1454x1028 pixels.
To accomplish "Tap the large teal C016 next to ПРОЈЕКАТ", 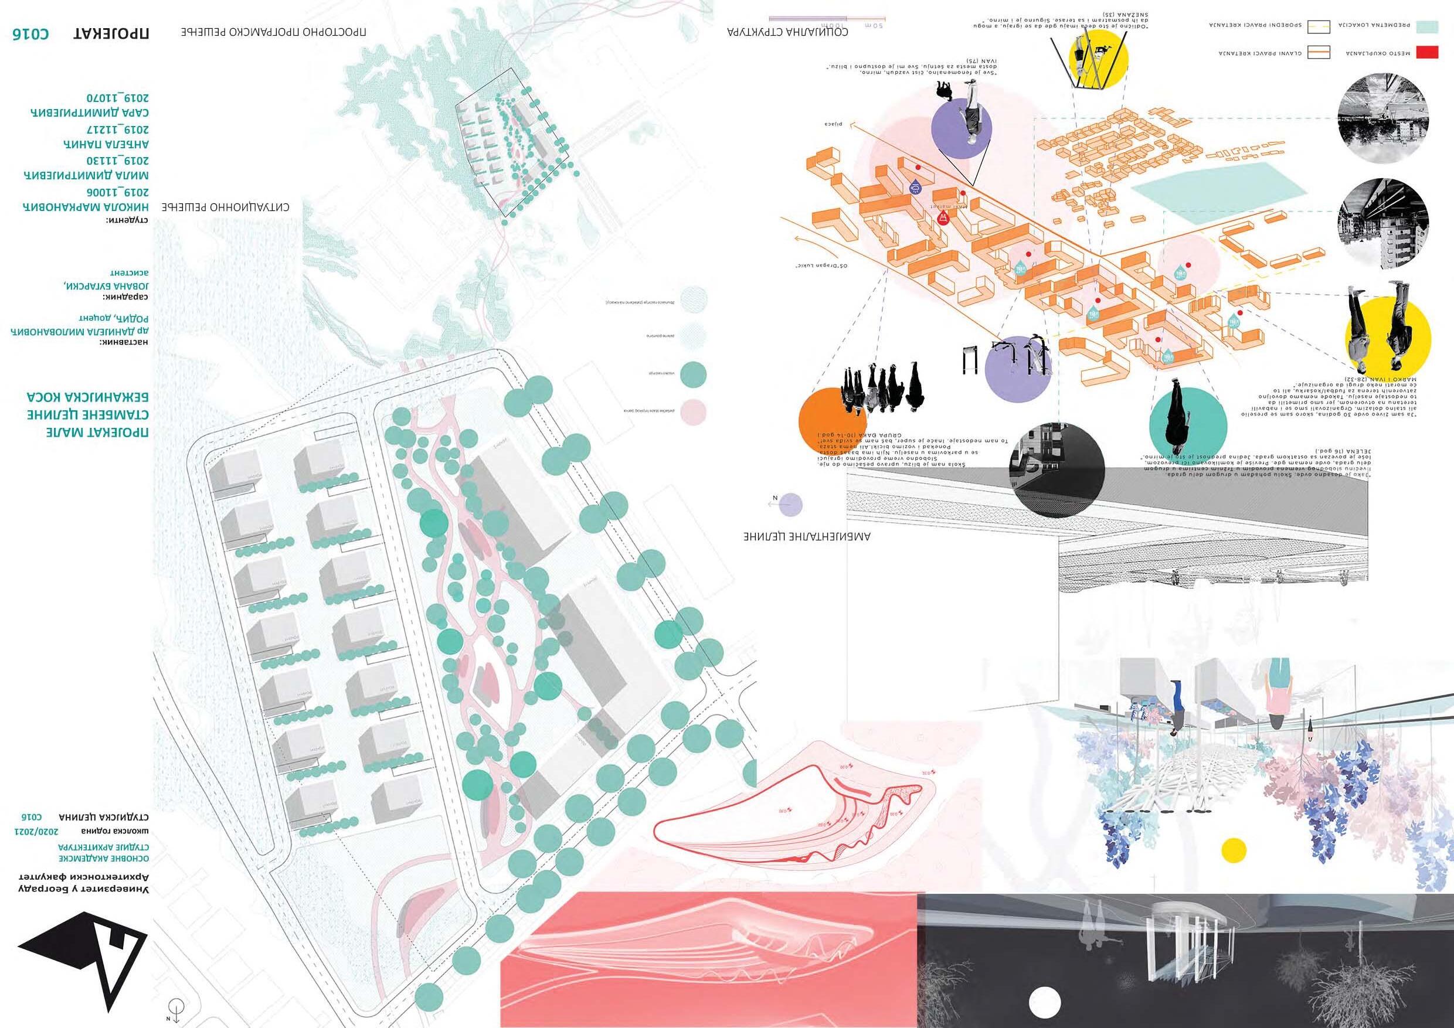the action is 30,34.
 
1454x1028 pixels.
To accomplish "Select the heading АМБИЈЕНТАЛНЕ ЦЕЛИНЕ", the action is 808,537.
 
